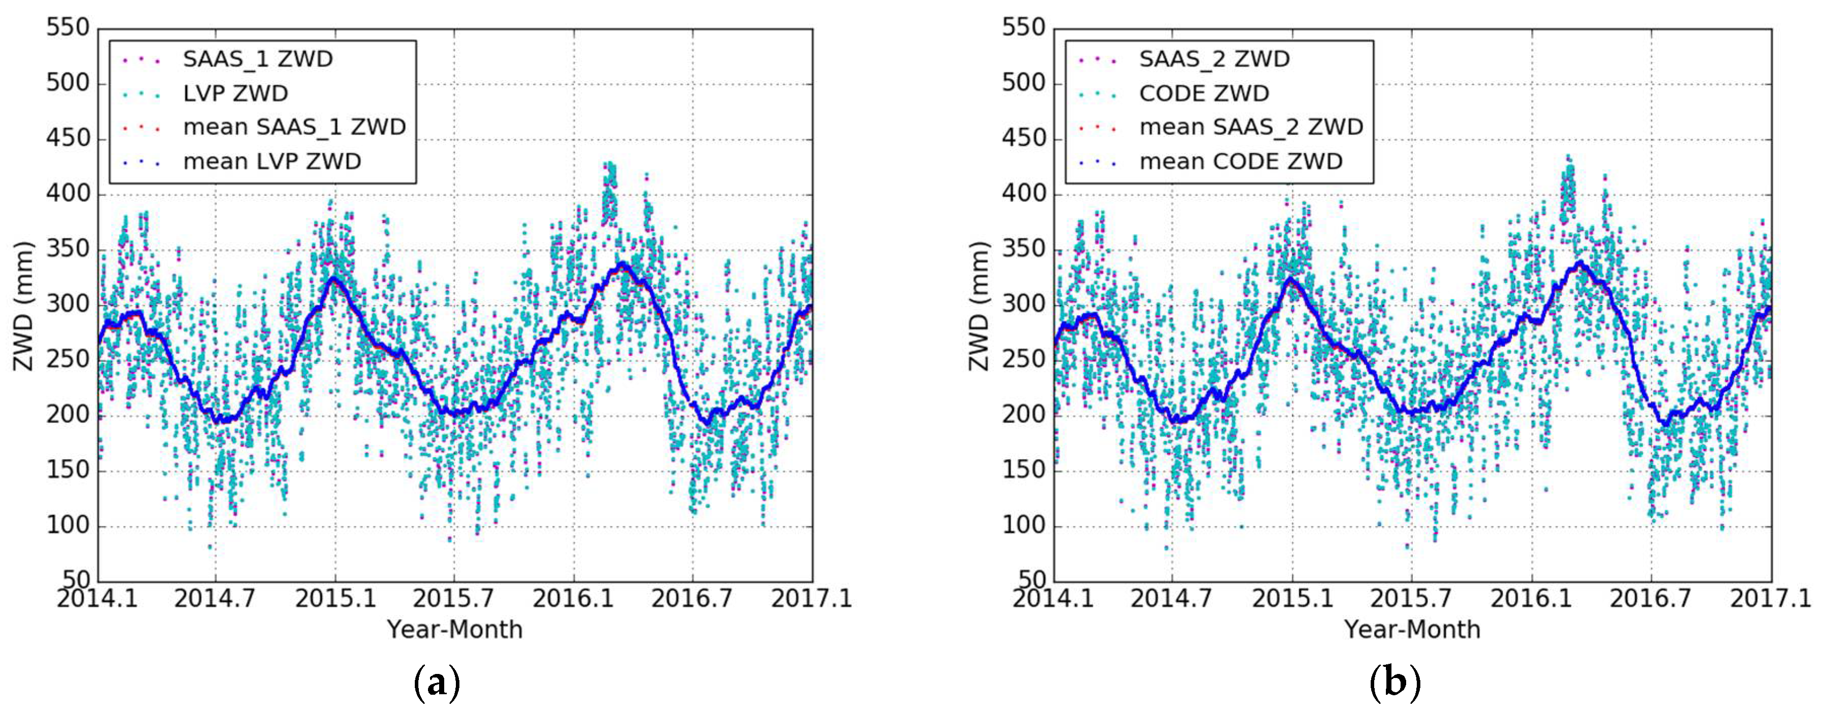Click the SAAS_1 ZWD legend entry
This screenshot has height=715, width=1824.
(x=258, y=59)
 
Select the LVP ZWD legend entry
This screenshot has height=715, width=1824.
(x=235, y=93)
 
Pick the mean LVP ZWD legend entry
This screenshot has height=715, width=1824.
(x=272, y=162)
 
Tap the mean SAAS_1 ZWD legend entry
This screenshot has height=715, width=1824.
(x=294, y=127)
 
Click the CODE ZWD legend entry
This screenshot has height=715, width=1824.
(x=1204, y=93)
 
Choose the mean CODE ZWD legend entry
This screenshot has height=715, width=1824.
(x=1240, y=162)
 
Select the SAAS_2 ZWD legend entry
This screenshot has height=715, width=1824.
(x=1214, y=59)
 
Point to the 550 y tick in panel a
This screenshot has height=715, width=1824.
(x=68, y=28)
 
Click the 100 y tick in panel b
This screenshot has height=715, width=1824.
(x=1023, y=526)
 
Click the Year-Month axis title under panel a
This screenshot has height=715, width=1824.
(x=454, y=629)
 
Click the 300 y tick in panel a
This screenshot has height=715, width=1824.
(x=68, y=305)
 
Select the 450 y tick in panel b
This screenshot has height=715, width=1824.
(x=1023, y=139)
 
